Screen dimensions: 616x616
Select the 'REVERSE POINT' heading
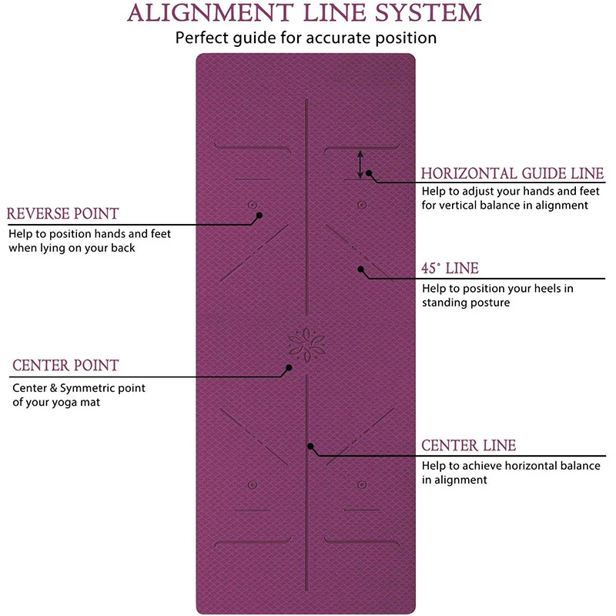pyautogui.click(x=63, y=213)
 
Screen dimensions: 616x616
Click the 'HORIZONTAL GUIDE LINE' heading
pyautogui.click(x=512, y=173)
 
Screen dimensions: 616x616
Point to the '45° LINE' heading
pyautogui.click(x=450, y=269)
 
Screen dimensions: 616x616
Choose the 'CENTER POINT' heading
pyautogui.click(x=65, y=365)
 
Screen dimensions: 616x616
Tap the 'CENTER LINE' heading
pyautogui.click(x=468, y=446)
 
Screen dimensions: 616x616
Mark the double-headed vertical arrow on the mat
pyautogui.click(x=359, y=164)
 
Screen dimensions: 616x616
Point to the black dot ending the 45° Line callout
pyautogui.click(x=360, y=269)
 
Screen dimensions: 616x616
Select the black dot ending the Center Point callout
pyautogui.click(x=289, y=368)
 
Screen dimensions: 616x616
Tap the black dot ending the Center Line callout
pyautogui.click(x=310, y=446)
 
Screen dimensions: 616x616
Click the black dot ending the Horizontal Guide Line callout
pyautogui.click(x=370, y=173)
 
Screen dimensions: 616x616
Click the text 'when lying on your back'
pyautogui.click(x=72, y=248)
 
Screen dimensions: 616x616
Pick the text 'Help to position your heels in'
pyautogui.click(x=497, y=288)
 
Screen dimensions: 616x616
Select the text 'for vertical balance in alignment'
pyautogui.click(x=504, y=205)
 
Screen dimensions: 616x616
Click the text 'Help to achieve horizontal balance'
pyautogui.click(x=511, y=466)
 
